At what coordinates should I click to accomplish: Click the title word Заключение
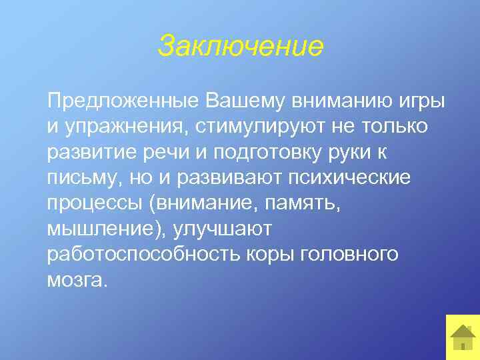[x=240, y=47]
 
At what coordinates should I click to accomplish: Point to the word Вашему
[x=243, y=102]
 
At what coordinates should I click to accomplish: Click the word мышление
[x=103, y=229]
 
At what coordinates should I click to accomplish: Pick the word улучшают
[x=223, y=229]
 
